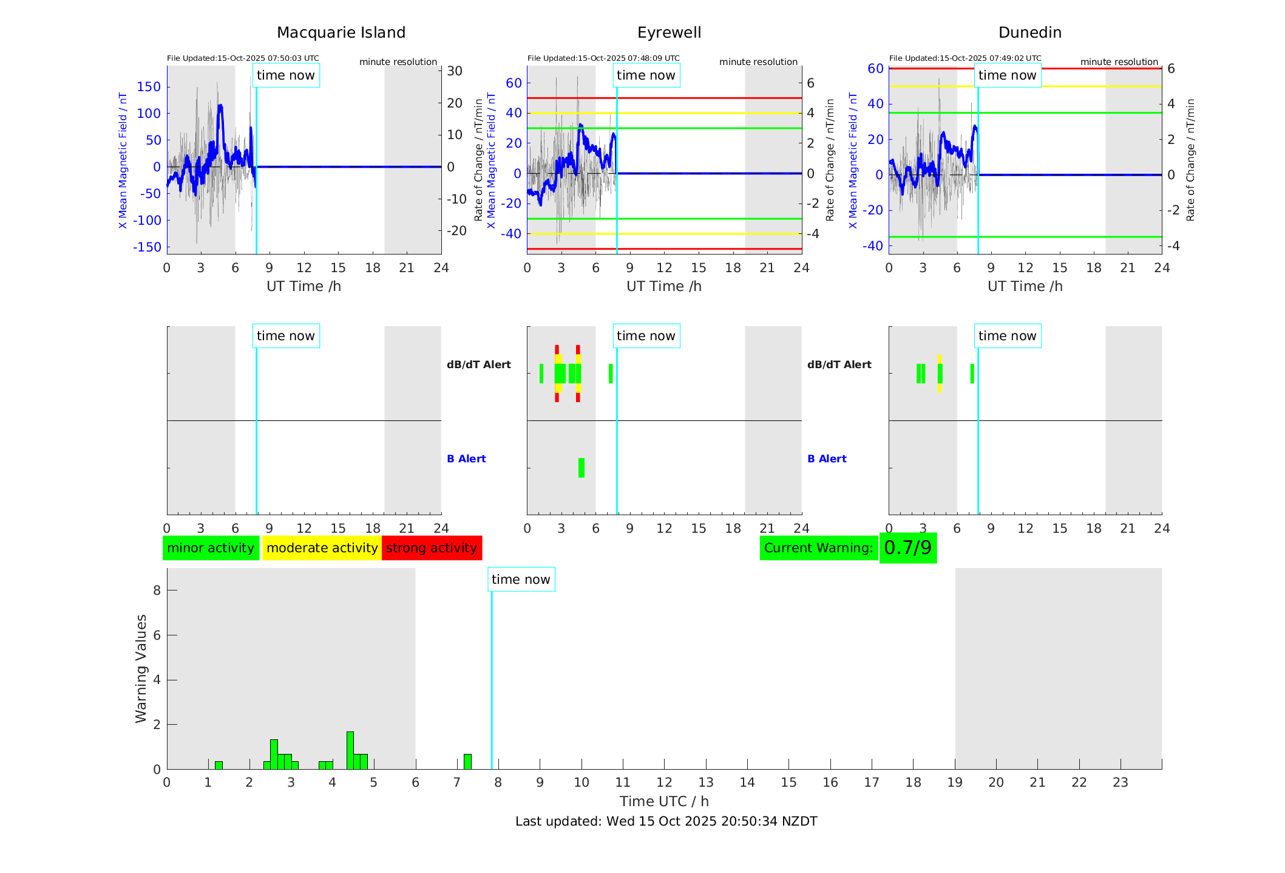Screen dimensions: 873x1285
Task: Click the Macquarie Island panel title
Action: [x=341, y=33]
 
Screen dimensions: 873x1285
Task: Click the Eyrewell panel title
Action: [x=669, y=33]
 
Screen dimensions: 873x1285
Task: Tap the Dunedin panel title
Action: [x=1029, y=33]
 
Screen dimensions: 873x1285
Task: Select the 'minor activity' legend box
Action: [x=211, y=548]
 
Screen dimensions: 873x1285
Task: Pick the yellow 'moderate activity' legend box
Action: [x=322, y=548]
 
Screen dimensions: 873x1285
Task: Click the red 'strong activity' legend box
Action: [x=432, y=548]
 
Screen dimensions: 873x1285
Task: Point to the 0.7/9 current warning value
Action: [x=907, y=548]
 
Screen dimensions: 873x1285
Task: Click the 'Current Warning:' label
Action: [x=818, y=548]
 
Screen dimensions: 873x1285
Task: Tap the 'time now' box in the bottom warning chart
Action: [x=521, y=580]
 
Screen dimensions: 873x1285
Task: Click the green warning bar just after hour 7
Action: [x=467, y=762]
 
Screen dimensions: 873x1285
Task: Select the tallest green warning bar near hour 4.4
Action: [x=350, y=751]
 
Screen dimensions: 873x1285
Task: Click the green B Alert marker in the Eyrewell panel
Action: [x=581, y=468]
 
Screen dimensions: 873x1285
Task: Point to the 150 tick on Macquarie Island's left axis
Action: [x=149, y=87]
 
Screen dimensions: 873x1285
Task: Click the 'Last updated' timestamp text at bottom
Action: [x=666, y=821]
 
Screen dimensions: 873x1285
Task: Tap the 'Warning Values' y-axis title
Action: [x=141, y=668]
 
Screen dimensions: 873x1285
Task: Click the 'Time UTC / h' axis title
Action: [x=664, y=801]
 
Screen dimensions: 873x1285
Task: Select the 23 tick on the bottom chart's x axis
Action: [x=1120, y=782]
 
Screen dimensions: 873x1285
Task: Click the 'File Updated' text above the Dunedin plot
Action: [x=965, y=58]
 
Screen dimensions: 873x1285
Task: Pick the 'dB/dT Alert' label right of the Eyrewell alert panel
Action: [x=839, y=365]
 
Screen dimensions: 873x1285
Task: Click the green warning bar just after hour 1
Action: [x=219, y=765]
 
